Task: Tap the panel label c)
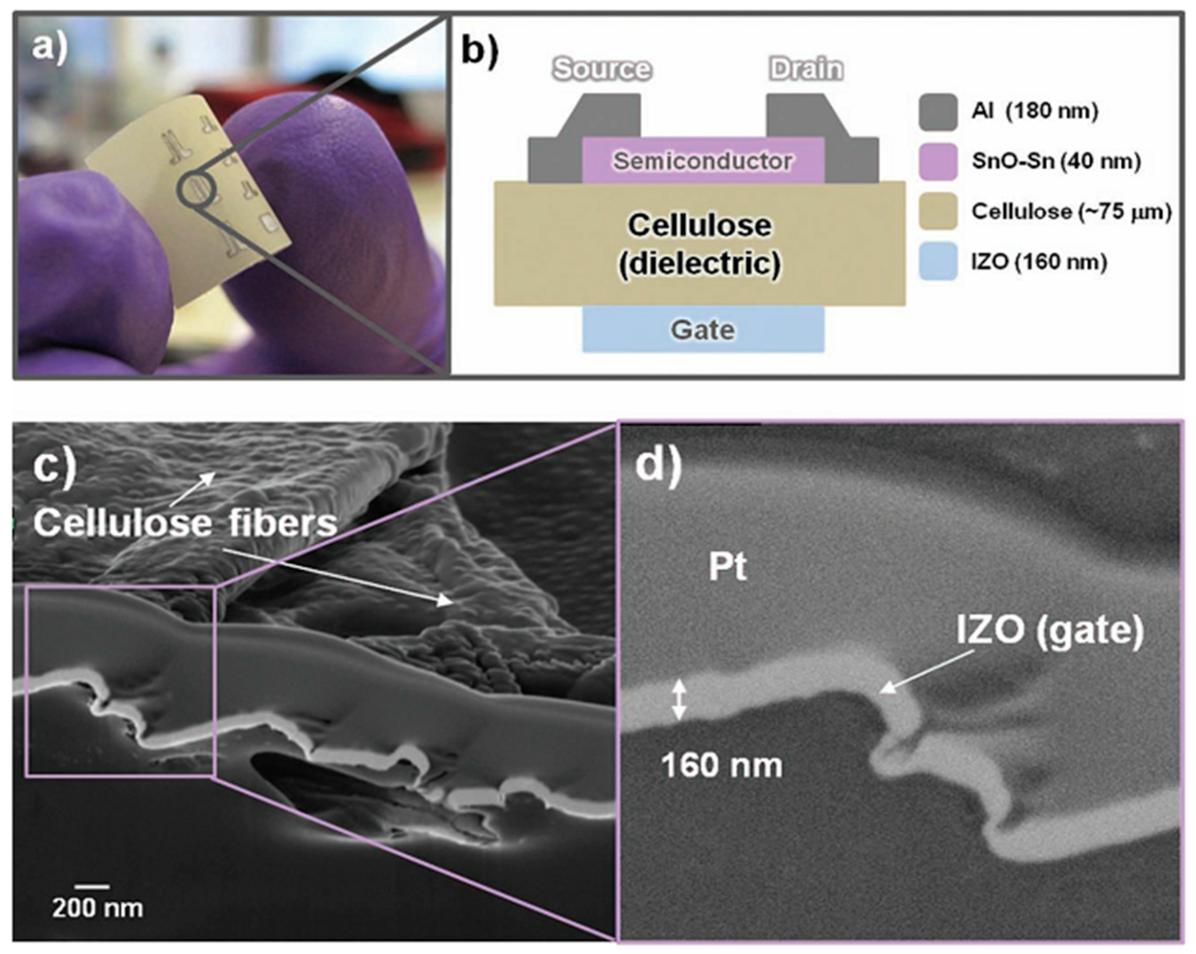(54, 469)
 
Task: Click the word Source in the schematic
(602, 69)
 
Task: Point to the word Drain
(806, 69)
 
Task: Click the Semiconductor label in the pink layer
(702, 161)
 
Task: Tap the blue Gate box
(703, 329)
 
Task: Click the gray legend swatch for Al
(938, 112)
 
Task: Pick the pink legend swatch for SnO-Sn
(938, 161)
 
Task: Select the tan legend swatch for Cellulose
(938, 211)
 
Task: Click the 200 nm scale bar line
(92, 886)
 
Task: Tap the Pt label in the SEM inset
(727, 567)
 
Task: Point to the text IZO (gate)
(1050, 631)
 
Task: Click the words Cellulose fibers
(185, 523)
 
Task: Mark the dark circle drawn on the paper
(195, 189)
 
